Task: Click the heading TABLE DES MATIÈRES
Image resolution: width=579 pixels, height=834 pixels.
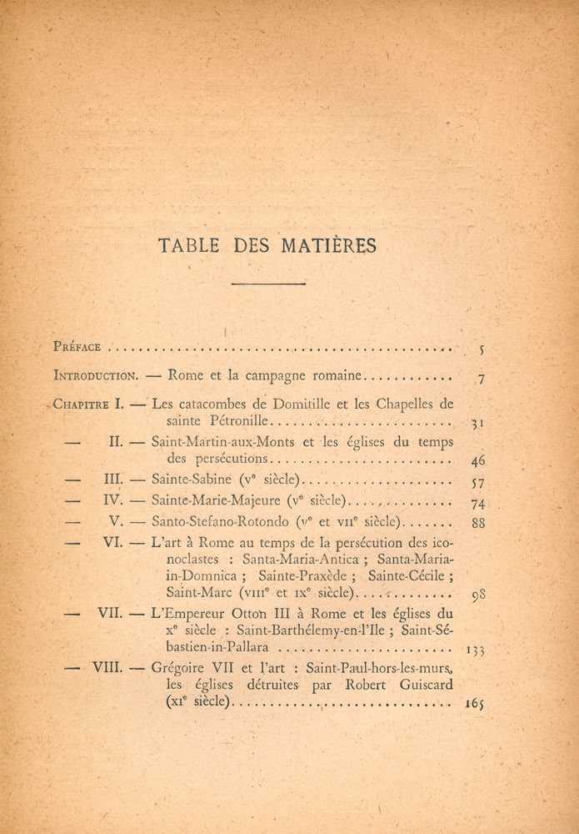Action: (267, 245)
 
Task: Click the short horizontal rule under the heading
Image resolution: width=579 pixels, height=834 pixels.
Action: (268, 284)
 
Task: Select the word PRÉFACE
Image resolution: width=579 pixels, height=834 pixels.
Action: (77, 347)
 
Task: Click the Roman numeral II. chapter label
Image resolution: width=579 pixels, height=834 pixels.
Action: (116, 442)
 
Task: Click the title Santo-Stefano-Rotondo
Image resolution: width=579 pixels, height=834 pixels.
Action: (220, 522)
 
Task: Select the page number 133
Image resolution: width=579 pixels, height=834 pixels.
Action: (472, 649)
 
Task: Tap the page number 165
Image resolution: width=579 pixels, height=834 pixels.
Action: (475, 704)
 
